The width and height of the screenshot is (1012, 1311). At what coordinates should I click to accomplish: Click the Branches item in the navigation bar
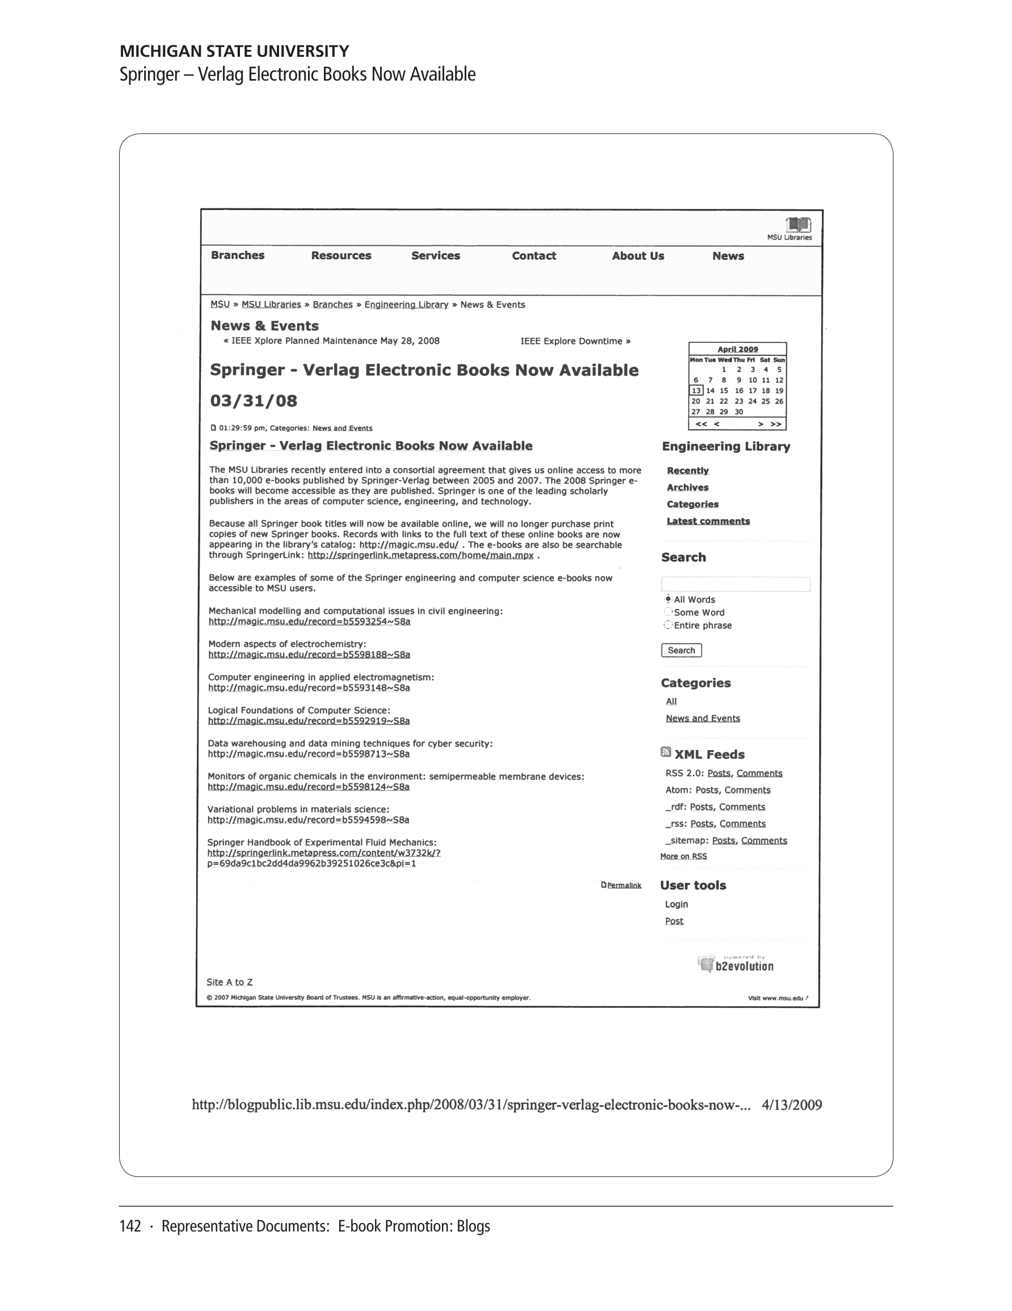tap(238, 255)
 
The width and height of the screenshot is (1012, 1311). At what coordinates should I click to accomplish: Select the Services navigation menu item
tap(436, 256)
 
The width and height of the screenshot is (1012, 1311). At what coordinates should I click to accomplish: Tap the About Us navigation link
tap(638, 256)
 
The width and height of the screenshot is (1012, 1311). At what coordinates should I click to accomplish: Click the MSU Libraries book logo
tap(798, 225)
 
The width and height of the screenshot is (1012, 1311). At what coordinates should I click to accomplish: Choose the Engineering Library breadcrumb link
tap(406, 305)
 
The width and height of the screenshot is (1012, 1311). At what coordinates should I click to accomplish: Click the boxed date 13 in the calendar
tap(696, 391)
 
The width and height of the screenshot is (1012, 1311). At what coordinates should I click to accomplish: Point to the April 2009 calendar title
tap(737, 349)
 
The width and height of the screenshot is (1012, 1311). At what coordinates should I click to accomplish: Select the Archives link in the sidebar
tap(688, 487)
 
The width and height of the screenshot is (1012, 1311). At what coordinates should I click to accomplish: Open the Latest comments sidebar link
tap(708, 521)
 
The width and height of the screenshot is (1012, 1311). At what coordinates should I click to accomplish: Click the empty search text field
tap(735, 584)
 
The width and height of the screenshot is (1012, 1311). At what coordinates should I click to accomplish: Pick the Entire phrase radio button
tap(668, 625)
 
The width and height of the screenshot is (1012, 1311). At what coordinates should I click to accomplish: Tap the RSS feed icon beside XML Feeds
tap(665, 752)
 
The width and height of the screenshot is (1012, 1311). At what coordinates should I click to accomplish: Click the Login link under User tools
tap(676, 904)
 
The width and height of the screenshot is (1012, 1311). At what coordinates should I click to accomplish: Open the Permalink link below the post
tap(624, 885)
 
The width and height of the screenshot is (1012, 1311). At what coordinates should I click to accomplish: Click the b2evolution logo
tap(737, 965)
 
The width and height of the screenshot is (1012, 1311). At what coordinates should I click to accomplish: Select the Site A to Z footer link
tap(229, 982)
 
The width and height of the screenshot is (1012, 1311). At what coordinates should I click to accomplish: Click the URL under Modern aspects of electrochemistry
tap(309, 655)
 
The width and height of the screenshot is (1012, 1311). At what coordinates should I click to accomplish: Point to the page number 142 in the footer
tap(130, 1226)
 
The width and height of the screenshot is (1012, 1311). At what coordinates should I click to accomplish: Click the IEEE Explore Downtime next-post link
tap(575, 342)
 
